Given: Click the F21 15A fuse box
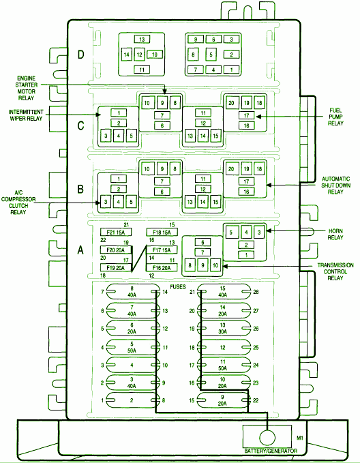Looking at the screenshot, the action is (116, 232).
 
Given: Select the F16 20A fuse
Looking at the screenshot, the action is (162, 267).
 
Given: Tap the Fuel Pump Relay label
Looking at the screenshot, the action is (335, 117).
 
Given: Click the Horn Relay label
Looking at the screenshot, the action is (335, 234).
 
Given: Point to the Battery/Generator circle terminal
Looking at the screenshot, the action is (267, 438).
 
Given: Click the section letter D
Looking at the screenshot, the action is (80, 55).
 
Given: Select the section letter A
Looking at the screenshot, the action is (80, 250).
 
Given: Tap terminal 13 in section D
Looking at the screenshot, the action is (142, 40).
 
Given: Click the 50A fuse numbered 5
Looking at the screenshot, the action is (132, 347).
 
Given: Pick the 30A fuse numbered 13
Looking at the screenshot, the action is (223, 329).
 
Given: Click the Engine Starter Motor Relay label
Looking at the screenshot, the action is (27, 88).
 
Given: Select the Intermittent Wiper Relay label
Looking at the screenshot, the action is (26, 115).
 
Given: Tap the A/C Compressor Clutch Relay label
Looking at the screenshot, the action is (18, 203).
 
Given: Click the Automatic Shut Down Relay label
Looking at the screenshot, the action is (335, 185).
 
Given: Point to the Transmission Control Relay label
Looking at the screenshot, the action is (335, 271).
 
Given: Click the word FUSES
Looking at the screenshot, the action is (178, 286).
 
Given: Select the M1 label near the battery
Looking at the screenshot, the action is (300, 438).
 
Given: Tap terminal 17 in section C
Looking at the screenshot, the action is (246, 115).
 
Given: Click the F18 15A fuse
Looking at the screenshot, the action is (162, 232).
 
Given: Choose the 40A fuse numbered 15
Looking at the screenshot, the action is (223, 292).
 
